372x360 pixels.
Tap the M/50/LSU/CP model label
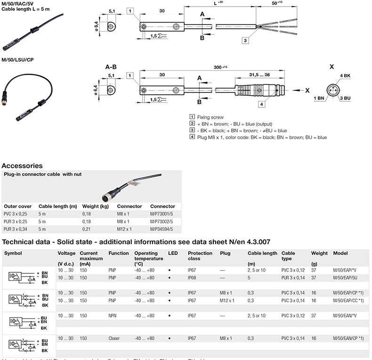point(17,59)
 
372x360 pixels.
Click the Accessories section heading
point(22,165)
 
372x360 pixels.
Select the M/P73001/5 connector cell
point(162,214)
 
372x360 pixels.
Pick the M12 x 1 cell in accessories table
point(124,229)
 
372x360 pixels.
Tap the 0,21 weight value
point(86,229)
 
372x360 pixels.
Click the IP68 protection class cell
point(192,278)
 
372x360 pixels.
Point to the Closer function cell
point(114,338)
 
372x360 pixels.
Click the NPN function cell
point(113,315)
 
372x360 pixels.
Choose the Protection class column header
point(200,256)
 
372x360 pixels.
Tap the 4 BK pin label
point(345,75)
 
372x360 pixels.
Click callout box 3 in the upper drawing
point(245,41)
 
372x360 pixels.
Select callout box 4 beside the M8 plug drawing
point(261,104)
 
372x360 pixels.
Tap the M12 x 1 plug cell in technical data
point(227,300)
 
